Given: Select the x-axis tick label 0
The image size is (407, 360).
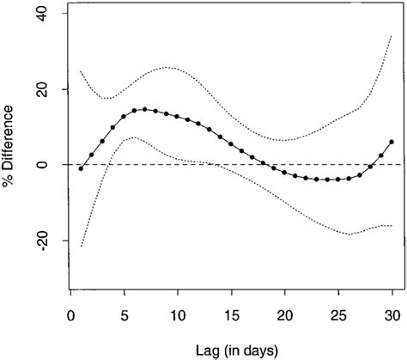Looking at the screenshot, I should pos(70,314).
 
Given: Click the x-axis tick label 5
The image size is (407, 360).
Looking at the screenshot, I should pos(125,314).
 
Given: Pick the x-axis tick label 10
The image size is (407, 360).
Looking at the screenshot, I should pos(178,314).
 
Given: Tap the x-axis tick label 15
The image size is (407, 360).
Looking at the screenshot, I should pos(232,314).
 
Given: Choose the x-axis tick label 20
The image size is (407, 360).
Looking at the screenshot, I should pos(285,314).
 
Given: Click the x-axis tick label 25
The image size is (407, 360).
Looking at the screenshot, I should pos(339,314).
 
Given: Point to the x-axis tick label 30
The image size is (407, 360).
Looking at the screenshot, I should pos(392,314).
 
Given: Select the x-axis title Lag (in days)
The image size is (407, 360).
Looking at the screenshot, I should pos(231,347).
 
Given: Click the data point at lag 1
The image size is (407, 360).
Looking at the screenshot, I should pos(81,168).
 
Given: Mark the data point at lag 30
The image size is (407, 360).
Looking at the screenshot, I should pos(392,142).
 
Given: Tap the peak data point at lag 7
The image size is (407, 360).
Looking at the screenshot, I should pos(145,109).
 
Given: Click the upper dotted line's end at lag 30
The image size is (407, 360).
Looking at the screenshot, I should pos(392,36).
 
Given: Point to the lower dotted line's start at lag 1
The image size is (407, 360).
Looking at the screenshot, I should pos(81,247).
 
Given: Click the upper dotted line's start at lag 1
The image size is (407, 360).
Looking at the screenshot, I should pos(81,70).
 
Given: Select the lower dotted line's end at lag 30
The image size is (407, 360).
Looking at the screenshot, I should pos(392,225).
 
